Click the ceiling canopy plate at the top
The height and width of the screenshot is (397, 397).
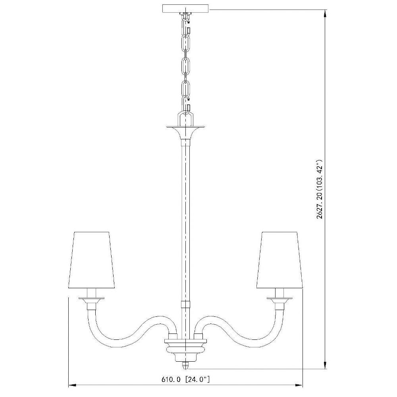pyautogui.click(x=185, y=8)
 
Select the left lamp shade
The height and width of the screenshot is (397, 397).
pyautogui.click(x=92, y=260)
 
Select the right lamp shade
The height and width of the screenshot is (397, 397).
pyautogui.click(x=279, y=260)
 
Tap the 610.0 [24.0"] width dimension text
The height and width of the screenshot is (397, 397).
pyautogui.click(x=185, y=379)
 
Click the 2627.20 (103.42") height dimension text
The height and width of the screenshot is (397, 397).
pyautogui.click(x=320, y=189)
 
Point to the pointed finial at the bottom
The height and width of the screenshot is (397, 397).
pyautogui.click(x=185, y=365)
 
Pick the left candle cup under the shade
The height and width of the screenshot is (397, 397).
pyautogui.click(x=91, y=303)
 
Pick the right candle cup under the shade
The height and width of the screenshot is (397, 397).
pyautogui.click(x=279, y=303)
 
